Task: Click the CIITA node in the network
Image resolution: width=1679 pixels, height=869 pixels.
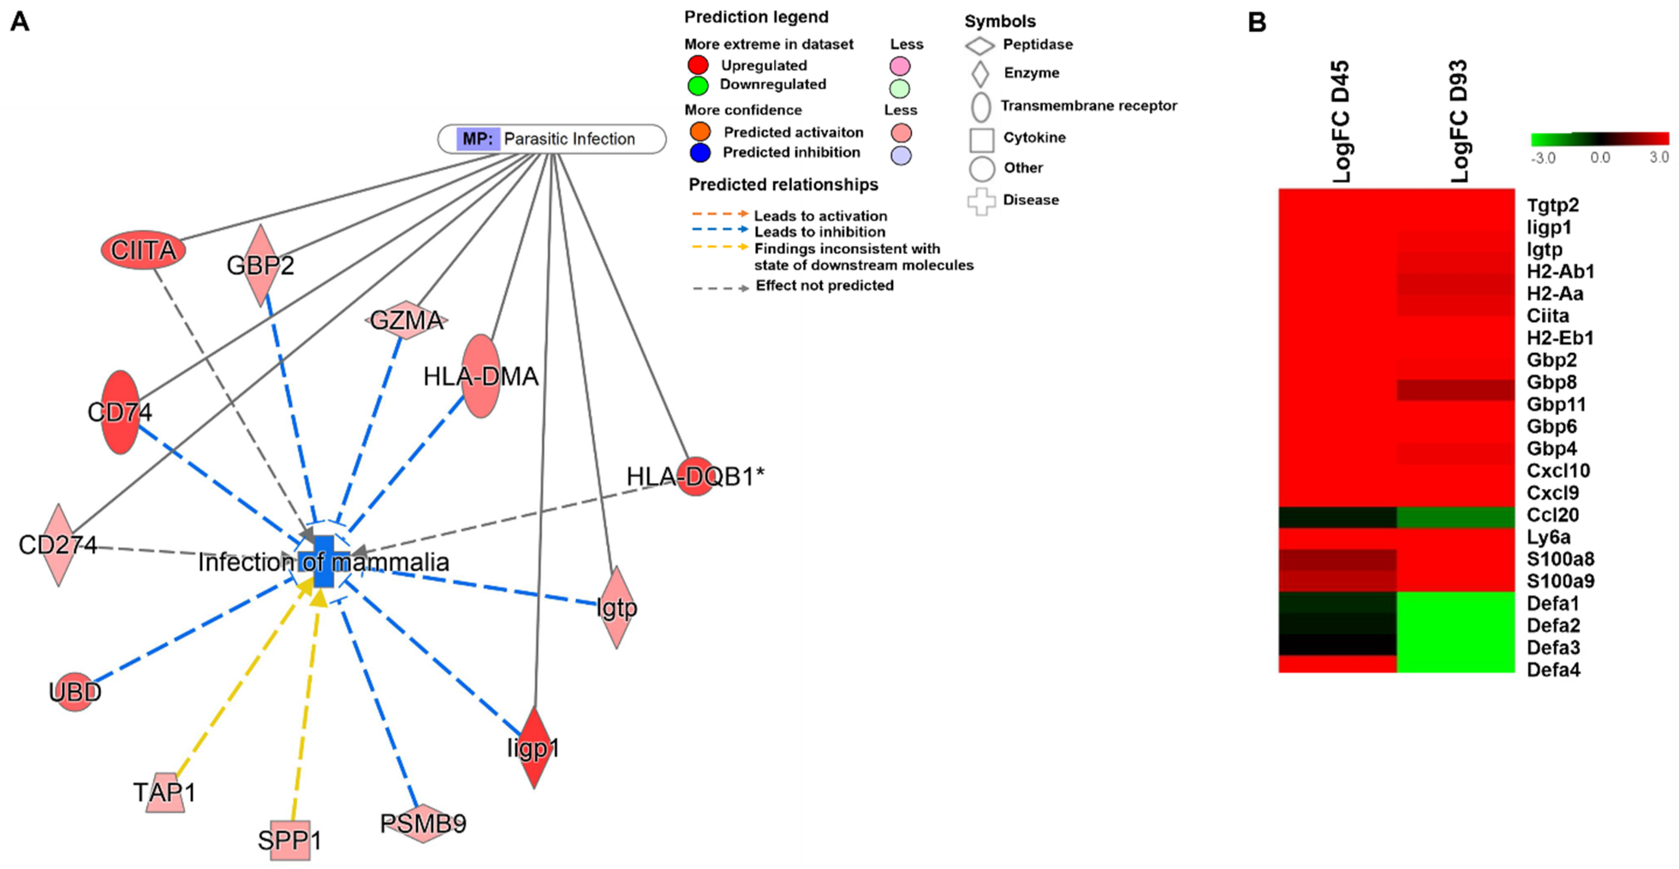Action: (143, 250)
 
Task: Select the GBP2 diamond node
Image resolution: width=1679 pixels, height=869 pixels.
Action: (261, 265)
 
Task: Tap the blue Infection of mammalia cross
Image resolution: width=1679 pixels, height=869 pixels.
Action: (323, 562)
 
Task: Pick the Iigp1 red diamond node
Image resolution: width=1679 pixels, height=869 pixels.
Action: (534, 748)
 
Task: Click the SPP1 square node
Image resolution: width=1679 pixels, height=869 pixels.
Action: (290, 840)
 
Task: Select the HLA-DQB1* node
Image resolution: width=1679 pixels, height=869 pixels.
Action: (696, 476)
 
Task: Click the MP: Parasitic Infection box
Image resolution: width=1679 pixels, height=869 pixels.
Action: (551, 139)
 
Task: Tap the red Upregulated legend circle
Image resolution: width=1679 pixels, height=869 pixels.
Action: (698, 65)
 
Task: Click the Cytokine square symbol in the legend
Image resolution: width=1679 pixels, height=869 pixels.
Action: (982, 139)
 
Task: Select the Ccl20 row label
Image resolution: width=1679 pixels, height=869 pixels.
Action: (1553, 515)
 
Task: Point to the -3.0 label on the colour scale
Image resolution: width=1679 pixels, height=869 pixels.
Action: (1543, 158)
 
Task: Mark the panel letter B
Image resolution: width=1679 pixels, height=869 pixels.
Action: (1256, 22)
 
